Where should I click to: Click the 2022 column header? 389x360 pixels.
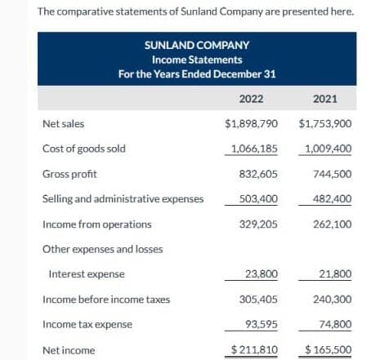point(251,99)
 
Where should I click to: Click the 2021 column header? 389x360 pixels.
point(325,99)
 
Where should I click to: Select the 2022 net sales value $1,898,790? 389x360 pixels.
point(251,124)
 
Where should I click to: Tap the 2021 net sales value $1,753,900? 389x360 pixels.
point(325,124)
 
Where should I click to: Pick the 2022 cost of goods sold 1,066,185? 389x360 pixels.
point(254,149)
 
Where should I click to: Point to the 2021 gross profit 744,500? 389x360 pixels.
point(332,174)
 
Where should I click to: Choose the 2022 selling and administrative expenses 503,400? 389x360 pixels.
point(257,198)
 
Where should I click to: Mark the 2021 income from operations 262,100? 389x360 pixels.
point(332,224)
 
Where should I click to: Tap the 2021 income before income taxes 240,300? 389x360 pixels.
point(332,299)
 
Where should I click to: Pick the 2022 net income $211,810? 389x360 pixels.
point(253,349)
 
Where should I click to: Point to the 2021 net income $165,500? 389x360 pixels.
point(328,349)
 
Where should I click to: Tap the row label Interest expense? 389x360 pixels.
point(87,274)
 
